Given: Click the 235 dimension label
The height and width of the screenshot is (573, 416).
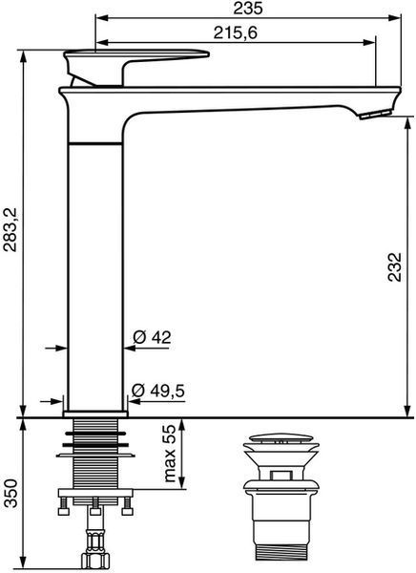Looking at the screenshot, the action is click(248, 9).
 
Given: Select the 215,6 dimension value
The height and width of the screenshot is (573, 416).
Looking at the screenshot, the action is click(236, 33).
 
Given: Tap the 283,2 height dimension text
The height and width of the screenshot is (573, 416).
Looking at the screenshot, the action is click(10, 229).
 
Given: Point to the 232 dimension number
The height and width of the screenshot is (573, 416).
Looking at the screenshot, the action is click(394, 266).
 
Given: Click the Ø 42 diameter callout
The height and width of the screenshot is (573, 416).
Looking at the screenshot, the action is click(152, 337).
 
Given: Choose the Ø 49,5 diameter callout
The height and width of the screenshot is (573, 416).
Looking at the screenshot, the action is click(158, 391).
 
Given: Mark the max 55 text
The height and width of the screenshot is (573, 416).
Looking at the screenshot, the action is click(170, 453).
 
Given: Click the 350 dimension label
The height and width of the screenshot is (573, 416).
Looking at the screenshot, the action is click(10, 493).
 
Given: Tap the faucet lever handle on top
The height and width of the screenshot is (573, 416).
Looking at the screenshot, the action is click(135, 67).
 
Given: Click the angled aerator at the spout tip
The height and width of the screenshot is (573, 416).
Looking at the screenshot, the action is click(376, 114).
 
